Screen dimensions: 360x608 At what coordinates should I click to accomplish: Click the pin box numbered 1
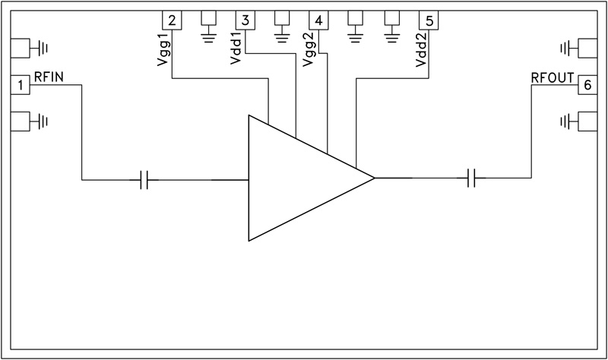point(21,85)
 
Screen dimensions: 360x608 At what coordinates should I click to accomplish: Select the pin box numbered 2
point(173,21)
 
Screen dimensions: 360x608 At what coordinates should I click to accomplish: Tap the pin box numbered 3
point(246,21)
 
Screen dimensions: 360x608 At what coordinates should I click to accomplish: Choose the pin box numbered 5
point(429,21)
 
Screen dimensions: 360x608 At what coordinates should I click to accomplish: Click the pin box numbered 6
point(586,85)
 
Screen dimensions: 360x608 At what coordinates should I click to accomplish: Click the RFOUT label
point(552,77)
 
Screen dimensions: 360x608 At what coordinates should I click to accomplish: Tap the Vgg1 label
point(165,52)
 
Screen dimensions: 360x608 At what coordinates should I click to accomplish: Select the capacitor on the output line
point(472,179)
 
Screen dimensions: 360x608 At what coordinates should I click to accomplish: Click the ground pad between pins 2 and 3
point(210,21)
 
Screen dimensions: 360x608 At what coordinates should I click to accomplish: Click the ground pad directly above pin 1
point(21,49)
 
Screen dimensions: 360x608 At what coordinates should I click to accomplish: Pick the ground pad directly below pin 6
point(586,120)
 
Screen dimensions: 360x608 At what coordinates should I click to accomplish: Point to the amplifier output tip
point(373,178)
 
